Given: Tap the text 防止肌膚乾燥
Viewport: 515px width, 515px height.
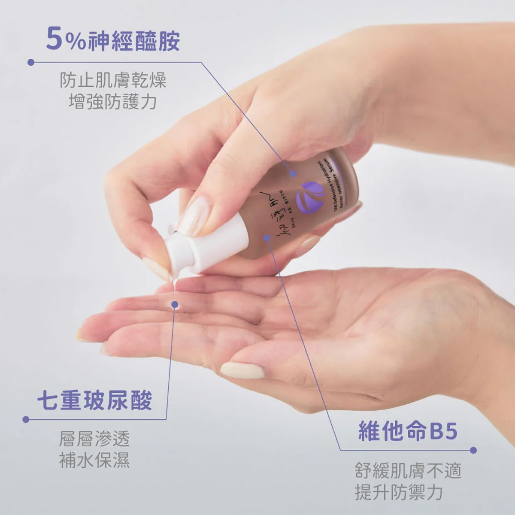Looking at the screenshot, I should [113, 81].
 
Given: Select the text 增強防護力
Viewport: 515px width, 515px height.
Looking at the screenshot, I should [113, 102].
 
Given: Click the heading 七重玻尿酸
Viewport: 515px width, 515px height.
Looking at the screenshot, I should [95, 401].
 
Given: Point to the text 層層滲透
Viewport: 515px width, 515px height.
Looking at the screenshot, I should [94, 439].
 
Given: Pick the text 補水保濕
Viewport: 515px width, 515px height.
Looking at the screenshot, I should [94, 460].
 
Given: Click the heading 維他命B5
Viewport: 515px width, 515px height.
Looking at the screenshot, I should [408, 432].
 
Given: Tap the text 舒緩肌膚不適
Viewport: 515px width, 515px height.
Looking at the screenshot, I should [408, 471].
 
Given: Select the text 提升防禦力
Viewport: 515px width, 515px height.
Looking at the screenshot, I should [398, 492].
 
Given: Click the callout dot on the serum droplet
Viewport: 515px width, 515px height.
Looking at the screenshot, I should [175, 304].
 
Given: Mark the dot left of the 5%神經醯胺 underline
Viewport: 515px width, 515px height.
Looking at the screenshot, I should [30, 62].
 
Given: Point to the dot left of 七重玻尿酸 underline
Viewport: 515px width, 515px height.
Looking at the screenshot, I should [26, 419].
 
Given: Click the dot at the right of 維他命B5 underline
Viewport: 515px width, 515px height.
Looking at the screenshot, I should [473, 450].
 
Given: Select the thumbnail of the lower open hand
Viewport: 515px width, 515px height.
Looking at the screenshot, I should [242, 370].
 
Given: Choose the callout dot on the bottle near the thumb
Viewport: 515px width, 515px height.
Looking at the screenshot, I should [293, 173].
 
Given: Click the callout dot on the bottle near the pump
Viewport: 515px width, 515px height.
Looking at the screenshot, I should [267, 237].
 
